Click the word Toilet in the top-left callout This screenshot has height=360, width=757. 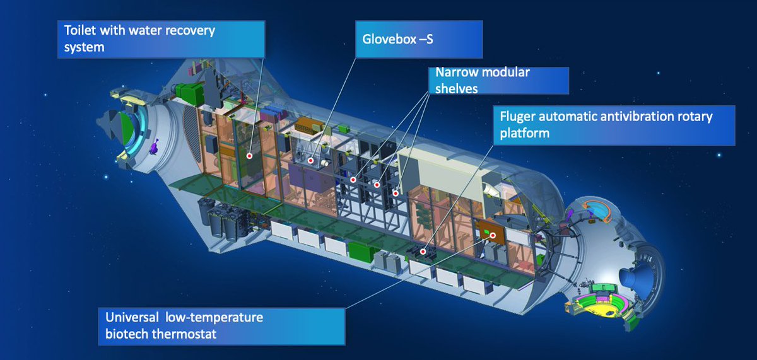click(x=80, y=30)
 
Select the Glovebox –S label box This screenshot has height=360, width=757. click(x=419, y=38)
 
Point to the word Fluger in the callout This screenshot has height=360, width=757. click(x=519, y=117)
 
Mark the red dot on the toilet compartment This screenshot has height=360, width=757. click(x=250, y=155)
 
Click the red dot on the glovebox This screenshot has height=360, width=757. click(x=311, y=161)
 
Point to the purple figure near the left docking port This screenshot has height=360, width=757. click(x=153, y=146)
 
